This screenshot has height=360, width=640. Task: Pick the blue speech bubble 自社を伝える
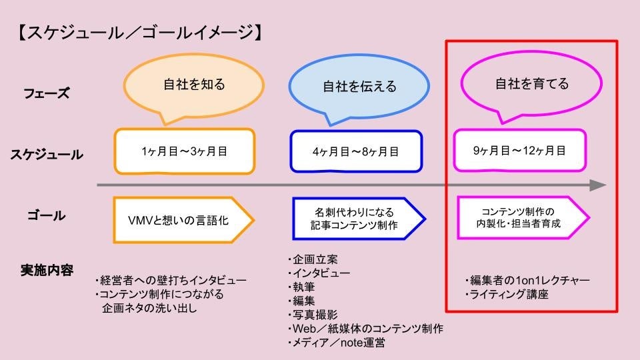coord(359,87)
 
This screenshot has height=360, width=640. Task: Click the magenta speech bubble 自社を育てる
coord(531,84)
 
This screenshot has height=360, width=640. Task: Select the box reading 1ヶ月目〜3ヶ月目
coord(185,151)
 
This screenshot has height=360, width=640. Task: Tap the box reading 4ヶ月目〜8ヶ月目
coord(356,151)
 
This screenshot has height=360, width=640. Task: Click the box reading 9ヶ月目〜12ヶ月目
coord(519,151)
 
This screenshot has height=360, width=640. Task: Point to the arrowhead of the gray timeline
coord(598,185)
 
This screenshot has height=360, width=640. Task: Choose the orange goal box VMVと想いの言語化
coord(180,219)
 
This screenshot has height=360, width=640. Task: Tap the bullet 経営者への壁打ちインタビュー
coord(171,280)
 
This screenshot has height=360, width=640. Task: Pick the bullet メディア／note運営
coord(336,343)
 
